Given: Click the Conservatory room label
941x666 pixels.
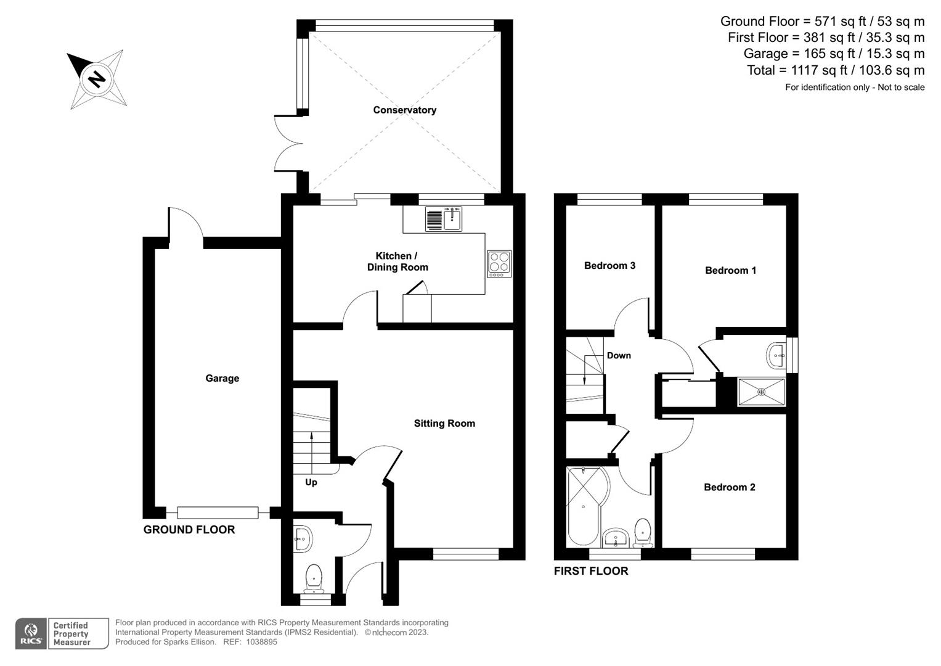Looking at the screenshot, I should (x=404, y=110).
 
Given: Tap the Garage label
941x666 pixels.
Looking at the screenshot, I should (x=222, y=378).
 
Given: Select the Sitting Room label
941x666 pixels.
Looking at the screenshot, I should (x=444, y=423).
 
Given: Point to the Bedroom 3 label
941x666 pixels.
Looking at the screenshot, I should (x=609, y=265).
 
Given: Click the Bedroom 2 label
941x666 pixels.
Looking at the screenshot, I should (x=729, y=487).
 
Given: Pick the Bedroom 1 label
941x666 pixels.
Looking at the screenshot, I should (x=730, y=270).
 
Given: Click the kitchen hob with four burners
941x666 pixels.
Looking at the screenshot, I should (x=499, y=263).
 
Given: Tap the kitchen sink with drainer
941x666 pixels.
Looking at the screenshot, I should (x=444, y=219).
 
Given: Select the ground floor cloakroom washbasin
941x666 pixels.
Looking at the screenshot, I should (x=303, y=538).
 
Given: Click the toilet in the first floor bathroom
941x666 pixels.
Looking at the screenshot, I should (x=643, y=532).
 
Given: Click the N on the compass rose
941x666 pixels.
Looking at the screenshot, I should (x=96, y=79).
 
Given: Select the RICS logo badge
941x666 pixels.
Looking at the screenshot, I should (x=31, y=634).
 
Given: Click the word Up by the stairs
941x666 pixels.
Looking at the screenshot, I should (x=311, y=482).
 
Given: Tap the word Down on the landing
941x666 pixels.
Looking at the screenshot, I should (x=619, y=355).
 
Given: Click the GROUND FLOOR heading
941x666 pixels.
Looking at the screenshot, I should (x=189, y=530).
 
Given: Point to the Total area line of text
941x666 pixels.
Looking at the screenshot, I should (x=835, y=70).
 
